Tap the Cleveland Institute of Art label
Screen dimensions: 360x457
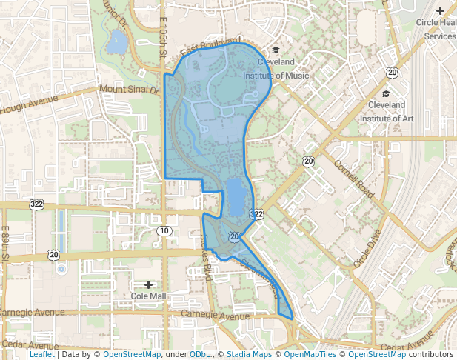click(x=386, y=111)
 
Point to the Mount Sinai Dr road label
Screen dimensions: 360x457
click(x=130, y=90)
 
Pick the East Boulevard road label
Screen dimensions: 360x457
click(x=210, y=45)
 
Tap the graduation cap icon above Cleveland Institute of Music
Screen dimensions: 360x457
click(x=276, y=50)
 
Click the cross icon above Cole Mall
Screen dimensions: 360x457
click(x=149, y=284)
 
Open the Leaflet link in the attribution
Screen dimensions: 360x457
click(x=41, y=355)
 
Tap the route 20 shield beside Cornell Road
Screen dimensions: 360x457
click(x=307, y=161)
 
